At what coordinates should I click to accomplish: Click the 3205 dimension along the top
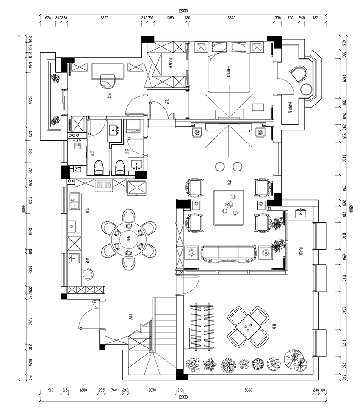tap(104, 18)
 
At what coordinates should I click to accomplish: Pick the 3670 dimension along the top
tap(231, 18)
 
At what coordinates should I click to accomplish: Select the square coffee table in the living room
tap(229, 207)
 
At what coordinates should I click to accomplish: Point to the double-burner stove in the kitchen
tap(103, 185)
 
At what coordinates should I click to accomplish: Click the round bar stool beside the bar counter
tap(88, 274)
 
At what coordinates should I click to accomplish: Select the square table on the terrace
tap(248, 326)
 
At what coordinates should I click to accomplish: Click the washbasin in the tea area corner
tap(302, 213)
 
